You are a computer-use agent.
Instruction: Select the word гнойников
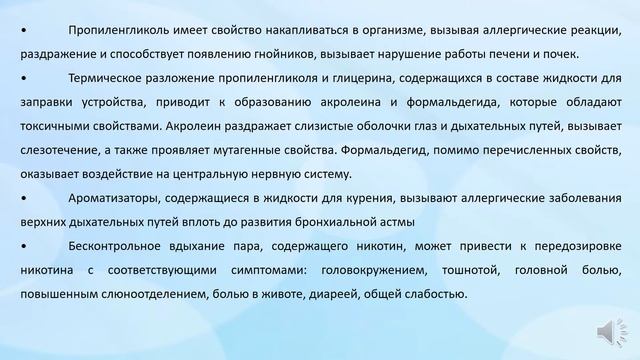point(322,53)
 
